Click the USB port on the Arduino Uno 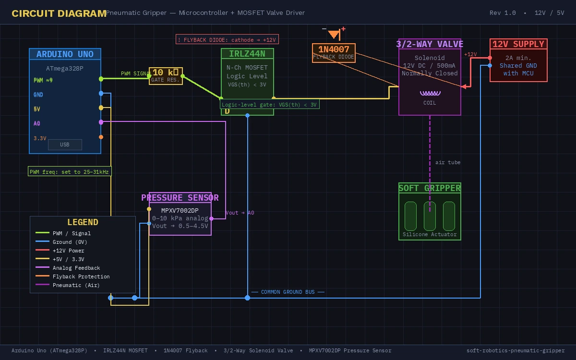coord(65,144)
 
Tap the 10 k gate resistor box coord(166,76)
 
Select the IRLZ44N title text coord(247,54)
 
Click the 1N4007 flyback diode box coord(334,53)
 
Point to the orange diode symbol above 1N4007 coord(334,34)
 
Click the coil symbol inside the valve coord(430,94)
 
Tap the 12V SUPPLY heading coord(518,44)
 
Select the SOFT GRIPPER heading coord(430,188)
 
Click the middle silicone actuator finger coord(430,216)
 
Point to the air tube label coord(448,163)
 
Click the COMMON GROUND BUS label coord(288,292)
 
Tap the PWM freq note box coord(70,172)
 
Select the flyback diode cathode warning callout coord(227,39)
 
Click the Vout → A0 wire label coord(240,213)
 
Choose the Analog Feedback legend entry coord(76,268)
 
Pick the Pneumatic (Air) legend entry coord(76,285)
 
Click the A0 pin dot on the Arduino coord(101,122)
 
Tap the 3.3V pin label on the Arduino coord(40,138)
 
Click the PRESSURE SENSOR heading coord(180,198)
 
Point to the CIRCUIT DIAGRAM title coord(59,13)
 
